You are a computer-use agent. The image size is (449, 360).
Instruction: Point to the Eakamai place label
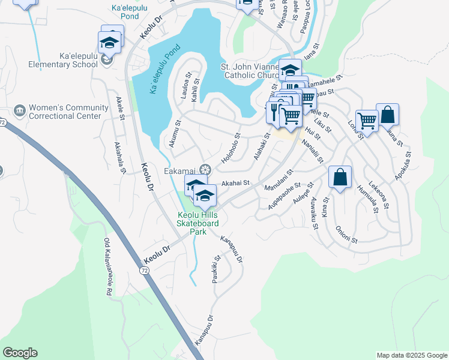(181, 171)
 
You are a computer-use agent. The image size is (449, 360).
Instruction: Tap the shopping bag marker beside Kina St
(340, 178)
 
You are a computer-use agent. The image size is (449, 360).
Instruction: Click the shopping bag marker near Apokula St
(388, 114)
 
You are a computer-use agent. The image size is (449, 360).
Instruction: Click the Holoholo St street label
(230, 151)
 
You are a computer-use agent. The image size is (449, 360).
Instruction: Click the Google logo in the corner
(20, 353)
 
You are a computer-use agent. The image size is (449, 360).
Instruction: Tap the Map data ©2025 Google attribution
(411, 355)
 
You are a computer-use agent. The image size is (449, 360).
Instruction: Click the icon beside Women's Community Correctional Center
(20, 112)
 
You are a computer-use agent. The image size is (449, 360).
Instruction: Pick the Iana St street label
(310, 54)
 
